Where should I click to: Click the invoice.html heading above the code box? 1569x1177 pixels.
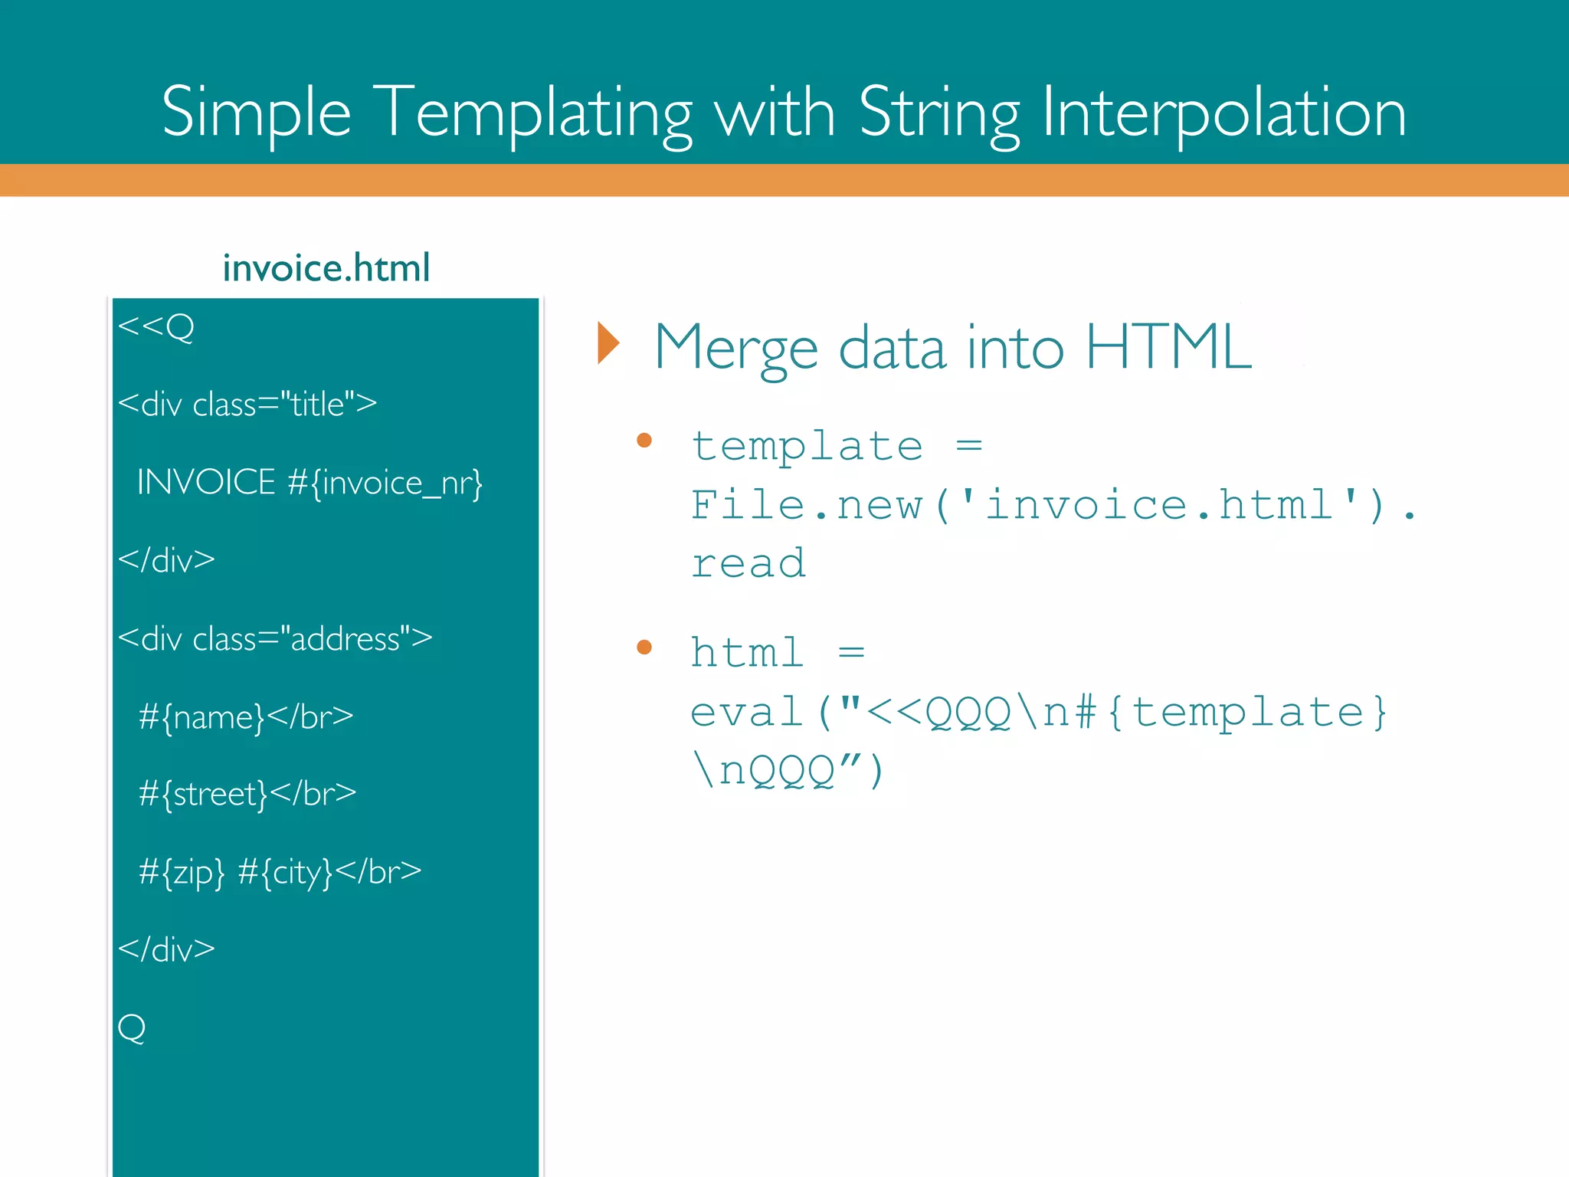[x=326, y=268]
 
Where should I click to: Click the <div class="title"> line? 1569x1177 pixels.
[x=247, y=404]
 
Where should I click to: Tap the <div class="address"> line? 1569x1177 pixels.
[x=275, y=638]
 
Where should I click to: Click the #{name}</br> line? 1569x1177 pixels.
[x=246, y=717]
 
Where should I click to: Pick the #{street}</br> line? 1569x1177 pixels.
[x=247, y=794]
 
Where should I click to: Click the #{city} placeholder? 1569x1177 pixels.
[x=286, y=872]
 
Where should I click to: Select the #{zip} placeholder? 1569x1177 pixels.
[x=182, y=872]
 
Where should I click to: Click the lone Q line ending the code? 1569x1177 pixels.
[x=132, y=1028]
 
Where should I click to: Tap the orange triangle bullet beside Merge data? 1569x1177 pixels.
[x=608, y=343]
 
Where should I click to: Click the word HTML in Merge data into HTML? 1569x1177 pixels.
[x=1168, y=347]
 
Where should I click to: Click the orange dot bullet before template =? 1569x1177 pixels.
[x=644, y=440]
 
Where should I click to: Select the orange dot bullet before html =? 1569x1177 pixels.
[x=644, y=648]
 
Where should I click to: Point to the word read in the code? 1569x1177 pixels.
[x=748, y=563]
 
